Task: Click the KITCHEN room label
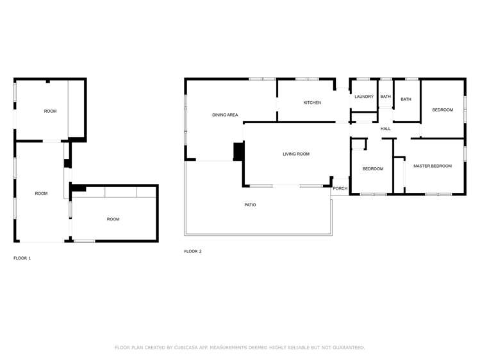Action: pyautogui.click(x=312, y=102)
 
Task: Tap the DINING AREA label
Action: pyautogui.click(x=225, y=115)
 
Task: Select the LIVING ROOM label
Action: pyautogui.click(x=296, y=154)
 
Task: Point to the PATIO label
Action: pyautogui.click(x=250, y=205)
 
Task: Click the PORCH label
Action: pyautogui.click(x=340, y=188)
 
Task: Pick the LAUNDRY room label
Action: pyautogui.click(x=364, y=97)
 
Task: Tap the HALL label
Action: pyautogui.click(x=385, y=129)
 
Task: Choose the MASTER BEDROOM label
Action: pyautogui.click(x=432, y=166)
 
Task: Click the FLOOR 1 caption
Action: pyautogui.click(x=22, y=258)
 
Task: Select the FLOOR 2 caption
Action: pyautogui.click(x=192, y=251)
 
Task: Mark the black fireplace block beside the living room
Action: pyautogui.click(x=238, y=151)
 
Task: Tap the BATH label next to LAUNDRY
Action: pyautogui.click(x=385, y=97)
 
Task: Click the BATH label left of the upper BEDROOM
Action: pyautogui.click(x=406, y=99)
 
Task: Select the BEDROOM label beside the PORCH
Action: pyautogui.click(x=372, y=169)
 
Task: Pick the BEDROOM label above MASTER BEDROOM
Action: pyautogui.click(x=442, y=110)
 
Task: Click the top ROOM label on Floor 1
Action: pyautogui.click(x=50, y=111)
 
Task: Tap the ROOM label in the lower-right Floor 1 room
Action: pyautogui.click(x=113, y=219)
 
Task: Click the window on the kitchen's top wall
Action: pyautogui.click(x=307, y=79)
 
